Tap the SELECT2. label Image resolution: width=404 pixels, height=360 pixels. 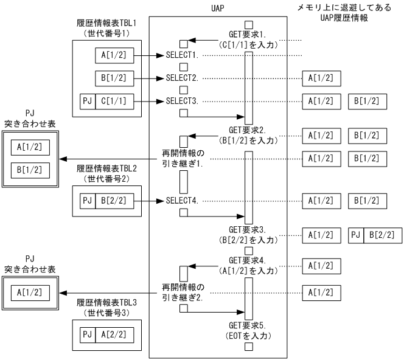pyautogui.click(x=182, y=78)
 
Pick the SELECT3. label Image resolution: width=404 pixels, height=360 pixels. pyautogui.click(x=182, y=100)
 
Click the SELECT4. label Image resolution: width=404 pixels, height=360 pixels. pyautogui.click(x=182, y=200)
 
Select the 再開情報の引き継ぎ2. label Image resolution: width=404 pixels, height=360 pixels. pyautogui.click(x=183, y=291)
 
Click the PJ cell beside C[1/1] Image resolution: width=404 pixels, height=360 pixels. pyautogui.click(x=87, y=101)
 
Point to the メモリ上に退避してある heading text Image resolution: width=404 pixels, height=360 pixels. pyautogui.click(x=345, y=9)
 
